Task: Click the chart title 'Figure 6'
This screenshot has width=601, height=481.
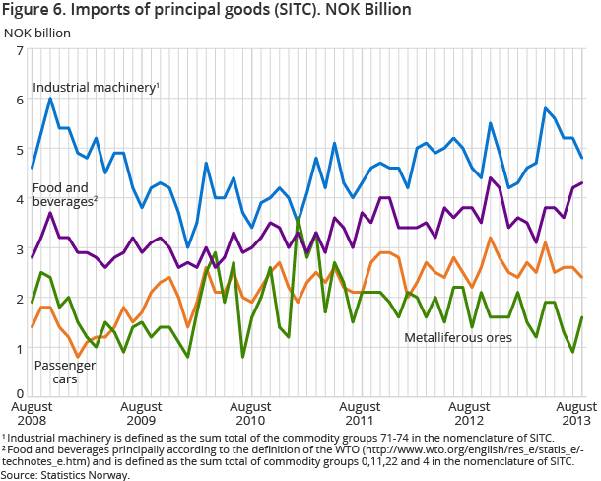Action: (208, 11)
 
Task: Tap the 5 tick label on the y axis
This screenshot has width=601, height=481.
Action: (19, 150)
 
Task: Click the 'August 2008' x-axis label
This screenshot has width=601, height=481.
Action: (32, 412)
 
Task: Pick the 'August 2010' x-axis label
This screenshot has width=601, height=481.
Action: (250, 412)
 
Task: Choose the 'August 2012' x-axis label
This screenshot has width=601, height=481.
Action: (468, 412)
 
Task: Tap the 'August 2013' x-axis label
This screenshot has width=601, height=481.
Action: (576, 412)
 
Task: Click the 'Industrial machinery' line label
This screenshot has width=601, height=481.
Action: (95, 89)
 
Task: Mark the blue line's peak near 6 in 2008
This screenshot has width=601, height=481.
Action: (50, 99)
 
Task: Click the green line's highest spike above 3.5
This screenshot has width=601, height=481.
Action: (299, 219)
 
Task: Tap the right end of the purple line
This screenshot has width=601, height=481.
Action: (583, 183)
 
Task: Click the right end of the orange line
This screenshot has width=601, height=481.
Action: (583, 277)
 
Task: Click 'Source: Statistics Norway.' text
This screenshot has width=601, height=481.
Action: (66, 474)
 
